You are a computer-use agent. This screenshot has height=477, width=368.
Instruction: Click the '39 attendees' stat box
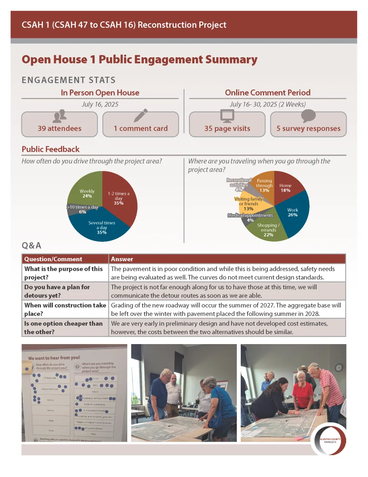point(59,124)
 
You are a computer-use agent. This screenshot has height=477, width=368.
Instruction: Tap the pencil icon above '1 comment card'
point(140,115)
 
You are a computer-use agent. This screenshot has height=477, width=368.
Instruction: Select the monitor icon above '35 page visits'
point(227,115)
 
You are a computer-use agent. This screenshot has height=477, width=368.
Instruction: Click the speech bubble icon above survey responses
point(308,115)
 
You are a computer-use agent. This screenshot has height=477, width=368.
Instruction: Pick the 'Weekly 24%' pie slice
point(86,190)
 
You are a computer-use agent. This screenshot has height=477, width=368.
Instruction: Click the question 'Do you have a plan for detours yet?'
point(64,291)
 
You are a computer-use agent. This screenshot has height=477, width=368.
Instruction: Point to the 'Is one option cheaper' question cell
point(64,328)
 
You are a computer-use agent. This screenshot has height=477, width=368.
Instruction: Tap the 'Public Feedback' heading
point(51,149)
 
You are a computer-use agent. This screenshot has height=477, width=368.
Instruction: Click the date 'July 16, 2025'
point(100,104)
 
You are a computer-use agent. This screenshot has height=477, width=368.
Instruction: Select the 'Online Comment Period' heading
point(268,93)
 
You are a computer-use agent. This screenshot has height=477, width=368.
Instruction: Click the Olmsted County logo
point(330,440)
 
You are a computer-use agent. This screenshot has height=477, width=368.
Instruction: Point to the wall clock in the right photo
point(339,368)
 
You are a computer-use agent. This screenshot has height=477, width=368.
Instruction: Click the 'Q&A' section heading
point(31,245)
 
